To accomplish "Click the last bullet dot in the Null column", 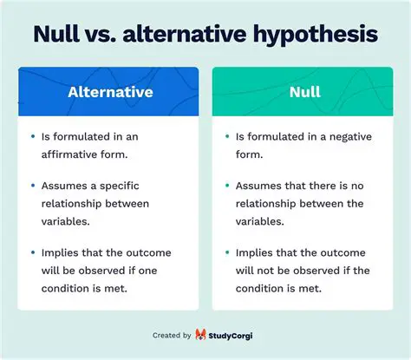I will click(x=226, y=252).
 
